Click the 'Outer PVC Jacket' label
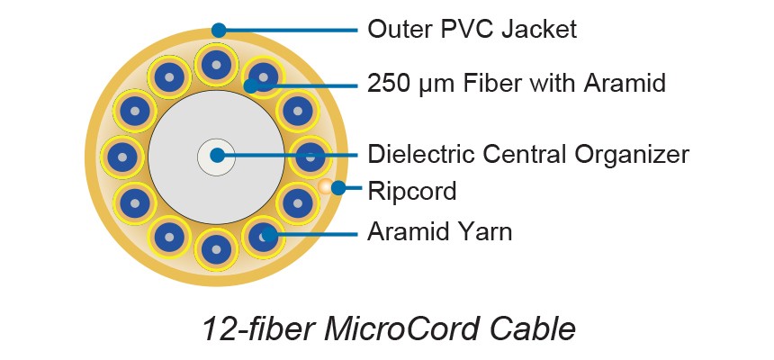[x=472, y=30]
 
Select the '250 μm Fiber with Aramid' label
[x=517, y=85]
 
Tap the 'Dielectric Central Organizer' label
[x=528, y=154]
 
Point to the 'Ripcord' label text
[x=411, y=191]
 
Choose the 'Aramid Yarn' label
[x=439, y=232]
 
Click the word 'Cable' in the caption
[x=531, y=328]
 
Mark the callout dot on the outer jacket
[x=219, y=30]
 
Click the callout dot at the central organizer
[x=217, y=155]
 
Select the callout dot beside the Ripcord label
[x=338, y=188]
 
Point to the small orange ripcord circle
[x=323, y=187]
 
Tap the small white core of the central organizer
[x=216, y=156]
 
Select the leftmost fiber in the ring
[x=120, y=155]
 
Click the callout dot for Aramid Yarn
[x=264, y=237]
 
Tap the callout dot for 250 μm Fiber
[x=251, y=85]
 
